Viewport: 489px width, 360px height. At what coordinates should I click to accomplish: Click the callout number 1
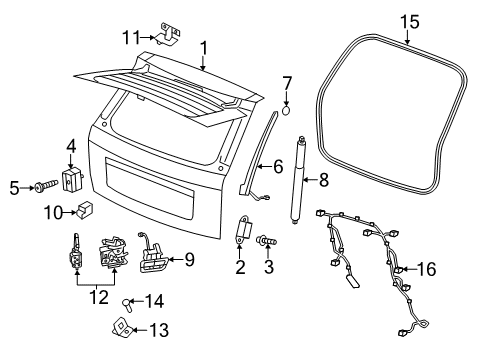204,47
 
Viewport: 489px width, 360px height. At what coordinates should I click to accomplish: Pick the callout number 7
286,82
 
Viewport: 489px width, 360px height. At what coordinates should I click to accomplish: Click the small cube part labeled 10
86,211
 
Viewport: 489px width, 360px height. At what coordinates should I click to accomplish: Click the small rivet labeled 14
128,301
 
